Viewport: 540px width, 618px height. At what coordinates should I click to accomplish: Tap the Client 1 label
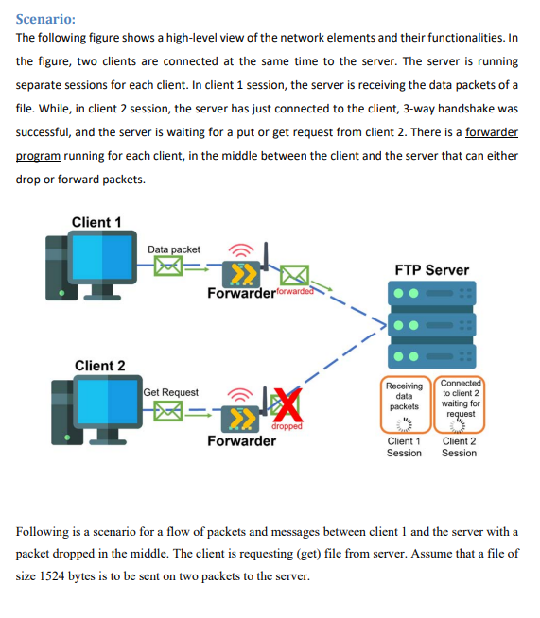click(x=97, y=222)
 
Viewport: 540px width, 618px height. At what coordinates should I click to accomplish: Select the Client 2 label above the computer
click(x=100, y=366)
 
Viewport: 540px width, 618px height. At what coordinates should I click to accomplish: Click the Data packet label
click(x=174, y=249)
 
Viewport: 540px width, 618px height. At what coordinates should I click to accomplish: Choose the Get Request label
click(x=171, y=392)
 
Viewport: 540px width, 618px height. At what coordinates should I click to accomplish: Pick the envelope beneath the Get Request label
click(x=171, y=411)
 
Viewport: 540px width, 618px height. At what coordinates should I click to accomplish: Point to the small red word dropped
click(x=287, y=427)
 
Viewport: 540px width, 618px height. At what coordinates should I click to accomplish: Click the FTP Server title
click(x=430, y=270)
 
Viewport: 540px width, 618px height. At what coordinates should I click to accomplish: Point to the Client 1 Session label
click(x=405, y=447)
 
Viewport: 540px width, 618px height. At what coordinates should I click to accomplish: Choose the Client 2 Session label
click(x=460, y=447)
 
